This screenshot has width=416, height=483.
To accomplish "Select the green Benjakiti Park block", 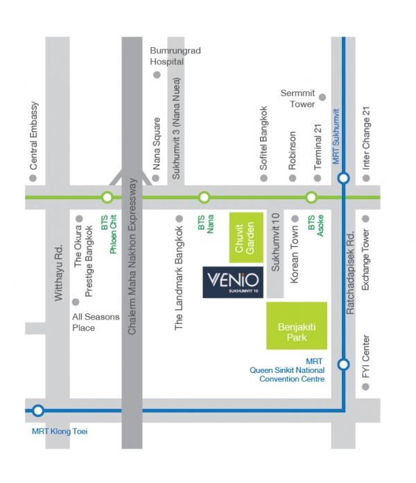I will (x=297, y=325).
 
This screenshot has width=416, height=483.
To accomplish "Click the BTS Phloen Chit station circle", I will (x=107, y=198).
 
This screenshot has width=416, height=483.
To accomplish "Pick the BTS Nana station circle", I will (x=204, y=198).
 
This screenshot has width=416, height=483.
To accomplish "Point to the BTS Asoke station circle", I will (x=311, y=198).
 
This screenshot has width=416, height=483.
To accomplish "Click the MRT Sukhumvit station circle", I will (x=344, y=179).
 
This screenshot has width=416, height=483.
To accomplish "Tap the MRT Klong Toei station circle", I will (x=38, y=410).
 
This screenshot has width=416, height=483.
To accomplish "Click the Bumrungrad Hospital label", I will (x=167, y=56).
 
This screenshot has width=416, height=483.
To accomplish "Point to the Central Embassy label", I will (x=33, y=136).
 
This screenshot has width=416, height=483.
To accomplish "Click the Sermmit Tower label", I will (x=298, y=98).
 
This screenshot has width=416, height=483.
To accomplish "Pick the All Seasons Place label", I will (x=96, y=322).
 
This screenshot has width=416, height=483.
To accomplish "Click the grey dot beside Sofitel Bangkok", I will (x=263, y=179).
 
